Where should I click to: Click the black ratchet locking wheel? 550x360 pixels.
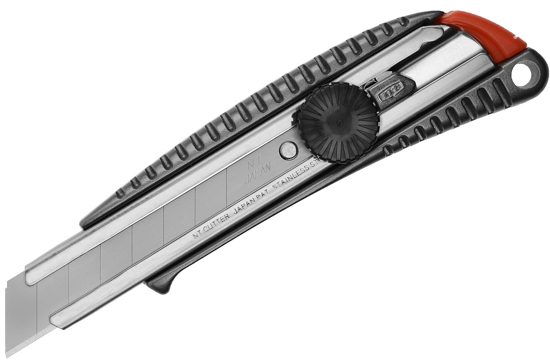339,122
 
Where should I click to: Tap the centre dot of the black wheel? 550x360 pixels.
339,122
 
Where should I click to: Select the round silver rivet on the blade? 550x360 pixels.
287,150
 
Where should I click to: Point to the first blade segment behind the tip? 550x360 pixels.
52,290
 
